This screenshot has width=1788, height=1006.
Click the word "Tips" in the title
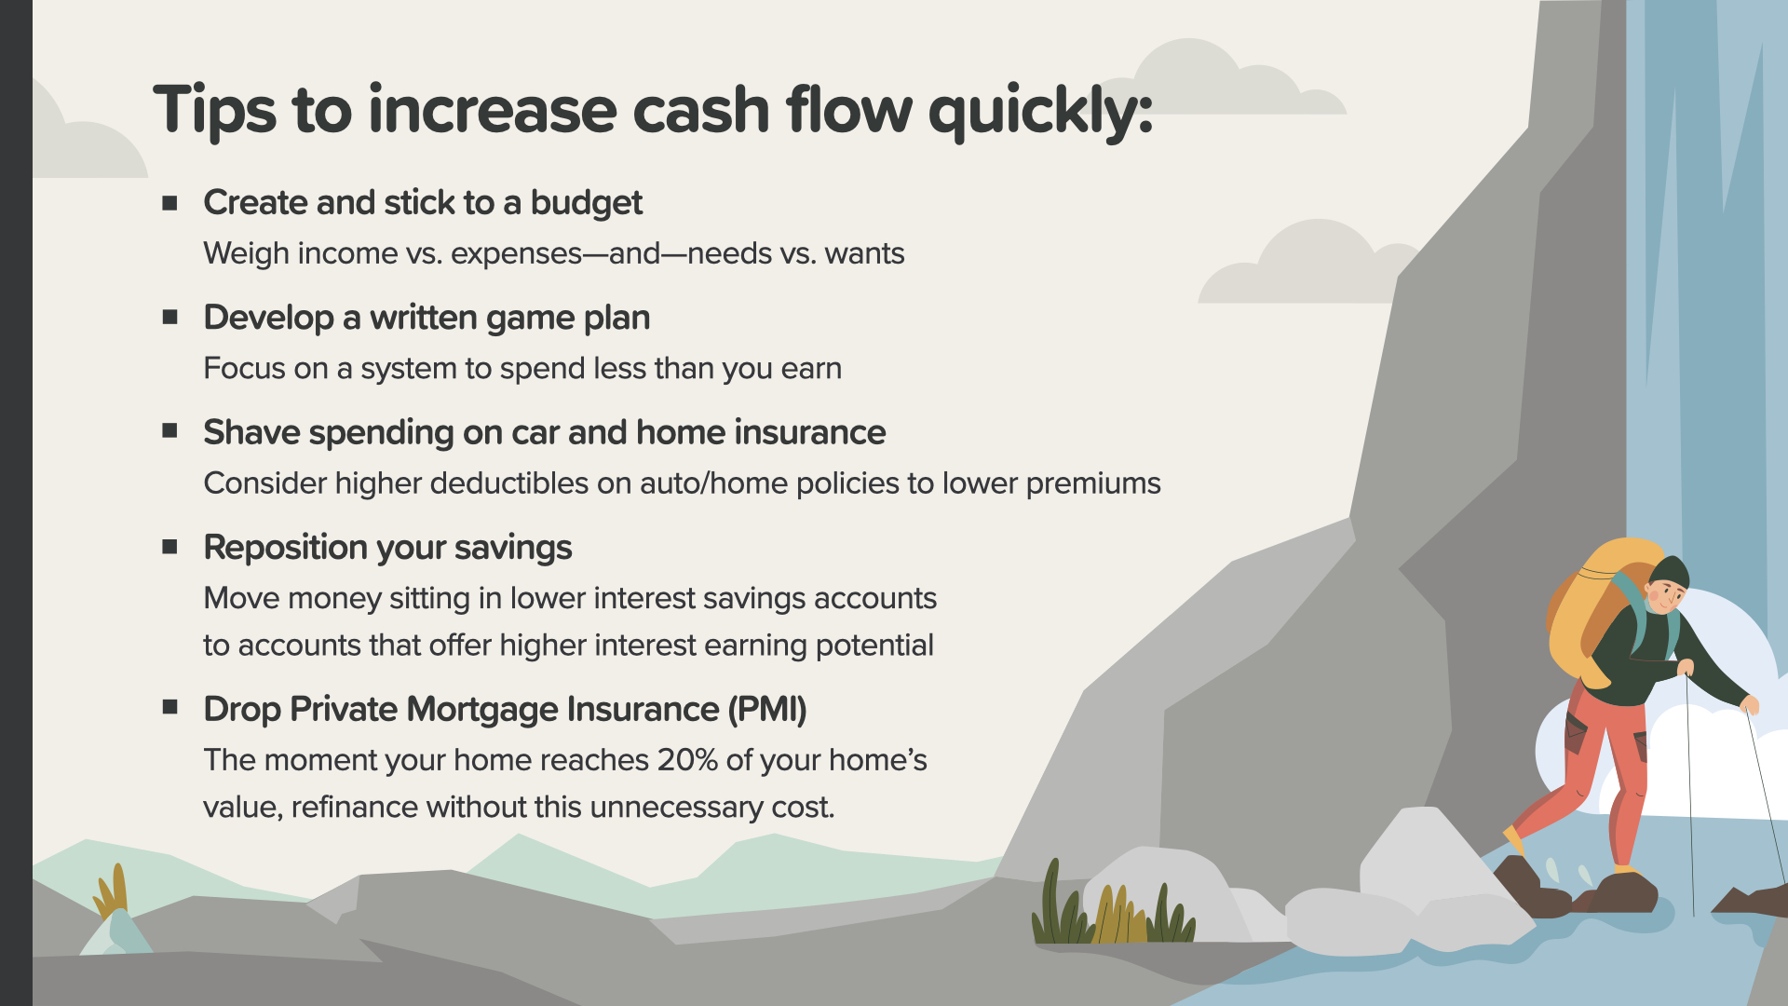tap(215, 111)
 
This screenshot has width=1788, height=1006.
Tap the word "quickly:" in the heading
tap(1041, 113)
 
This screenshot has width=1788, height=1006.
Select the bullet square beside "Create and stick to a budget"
tap(169, 202)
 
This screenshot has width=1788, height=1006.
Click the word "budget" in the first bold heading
tap(587, 203)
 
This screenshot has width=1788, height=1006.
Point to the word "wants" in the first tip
tap(864, 253)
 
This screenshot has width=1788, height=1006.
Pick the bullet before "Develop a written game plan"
tap(169, 317)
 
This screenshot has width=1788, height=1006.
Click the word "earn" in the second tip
tap(811, 369)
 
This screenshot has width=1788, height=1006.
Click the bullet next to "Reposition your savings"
tap(169, 547)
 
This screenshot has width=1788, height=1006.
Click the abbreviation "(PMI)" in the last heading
tap(767, 710)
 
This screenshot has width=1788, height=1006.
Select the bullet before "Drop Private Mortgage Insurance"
tap(169, 708)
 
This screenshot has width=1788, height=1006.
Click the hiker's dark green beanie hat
tap(1670, 570)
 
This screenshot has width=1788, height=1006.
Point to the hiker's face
tap(1666, 597)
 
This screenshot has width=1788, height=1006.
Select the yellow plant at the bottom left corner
tap(111, 891)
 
